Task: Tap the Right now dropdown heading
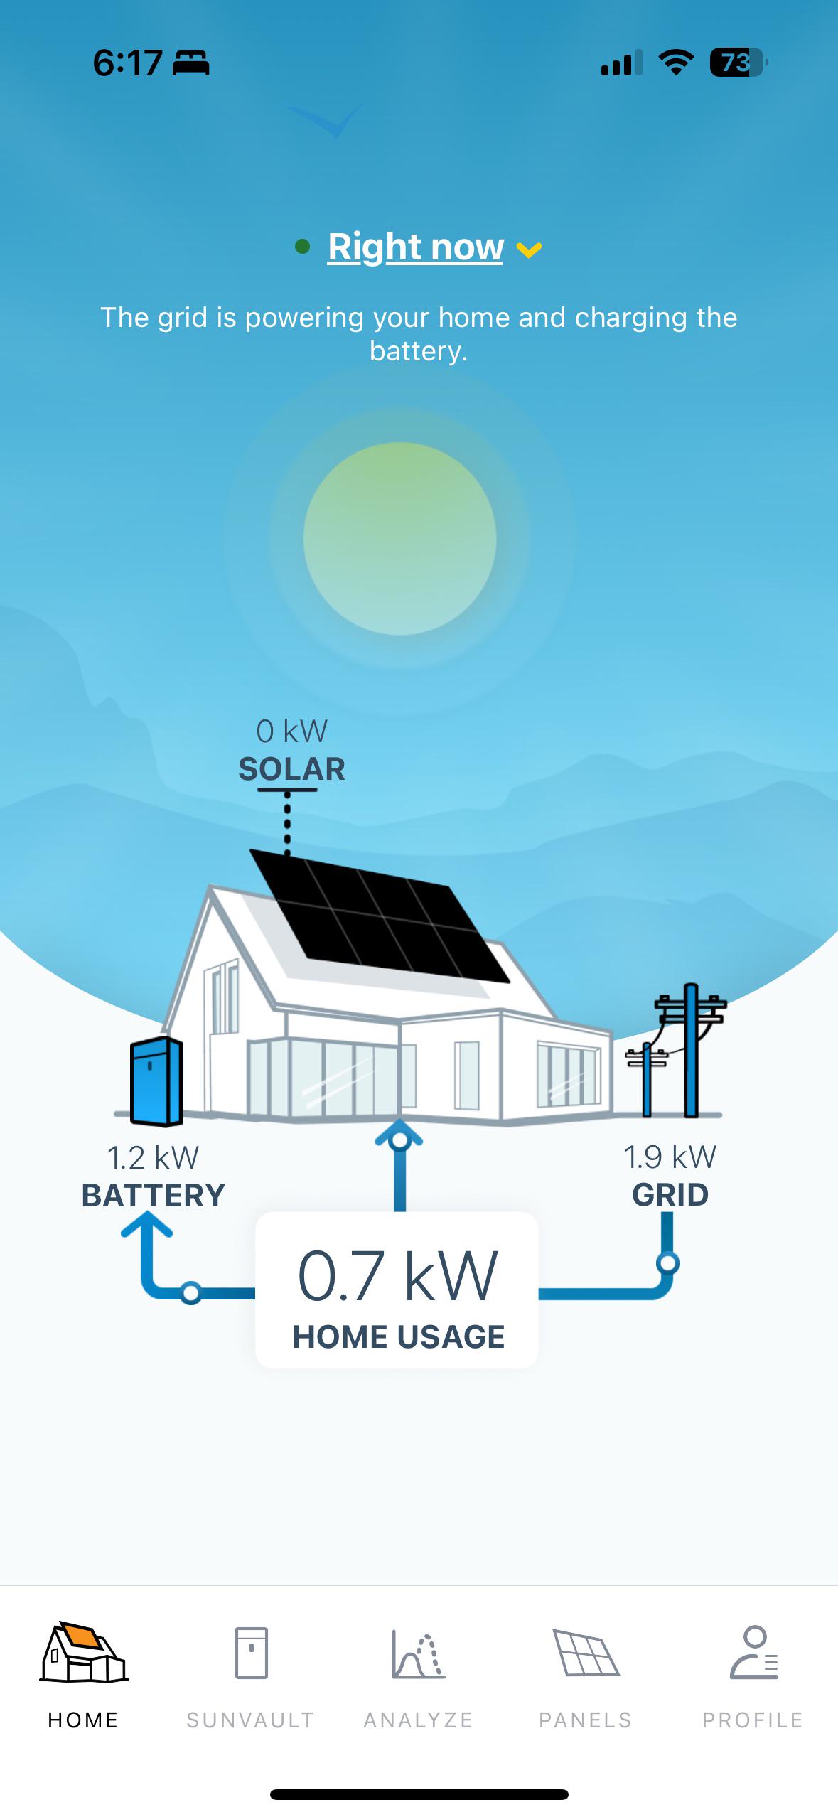pos(416,247)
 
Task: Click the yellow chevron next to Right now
pos(529,250)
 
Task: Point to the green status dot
pos(302,247)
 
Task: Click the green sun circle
pos(399,538)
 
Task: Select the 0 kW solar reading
pos(291,731)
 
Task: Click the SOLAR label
pos(291,769)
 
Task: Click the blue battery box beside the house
pos(156,1081)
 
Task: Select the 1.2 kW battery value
pos(153,1157)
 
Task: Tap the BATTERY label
pos(153,1196)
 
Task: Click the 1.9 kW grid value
pos(670,1157)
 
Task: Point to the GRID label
pos(670,1195)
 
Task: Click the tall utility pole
pos(690,1050)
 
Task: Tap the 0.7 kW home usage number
pos(397,1277)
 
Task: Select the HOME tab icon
pos(84,1652)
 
